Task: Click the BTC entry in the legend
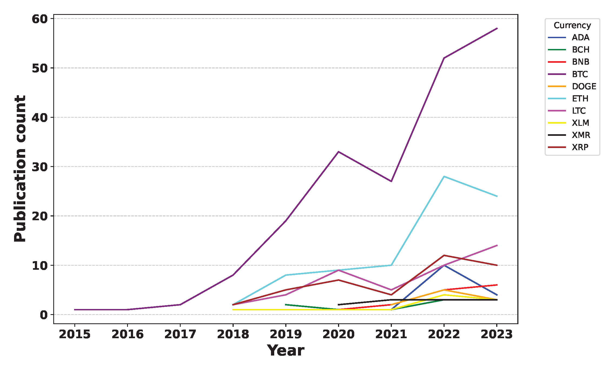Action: pos(580,74)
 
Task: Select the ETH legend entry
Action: pos(580,98)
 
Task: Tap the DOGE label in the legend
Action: pos(584,86)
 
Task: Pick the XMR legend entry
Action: pos(581,135)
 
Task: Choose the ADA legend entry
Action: pos(580,37)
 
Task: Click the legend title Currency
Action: pos(572,25)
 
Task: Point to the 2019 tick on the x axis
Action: pos(286,334)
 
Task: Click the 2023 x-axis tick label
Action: pos(497,334)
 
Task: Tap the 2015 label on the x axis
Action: pos(75,334)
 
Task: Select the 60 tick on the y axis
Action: pos(39,19)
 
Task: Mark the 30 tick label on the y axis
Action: pos(39,167)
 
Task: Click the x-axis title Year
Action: pos(286,351)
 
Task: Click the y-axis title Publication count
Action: pos(20,168)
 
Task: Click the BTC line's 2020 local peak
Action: pos(338,152)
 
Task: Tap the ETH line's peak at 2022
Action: pos(444,176)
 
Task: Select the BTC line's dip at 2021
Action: pos(391,181)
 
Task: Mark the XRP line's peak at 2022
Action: pos(444,255)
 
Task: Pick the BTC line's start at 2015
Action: pos(75,310)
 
